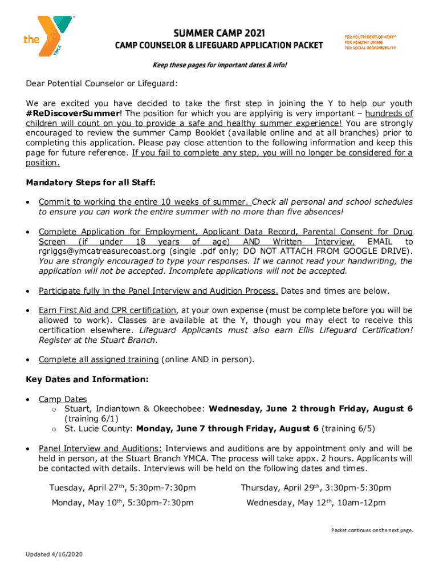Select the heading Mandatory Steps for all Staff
click(91, 182)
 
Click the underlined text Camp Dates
click(63, 399)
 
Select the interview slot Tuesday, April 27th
click(123, 488)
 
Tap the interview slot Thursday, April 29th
click(316, 488)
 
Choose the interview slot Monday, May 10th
click(123, 502)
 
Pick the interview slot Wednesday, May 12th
click(316, 502)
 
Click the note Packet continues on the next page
click(372, 530)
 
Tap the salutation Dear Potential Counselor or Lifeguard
click(102, 84)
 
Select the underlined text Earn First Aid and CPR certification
click(108, 310)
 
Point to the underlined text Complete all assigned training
click(99, 359)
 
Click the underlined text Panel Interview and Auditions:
click(100, 448)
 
